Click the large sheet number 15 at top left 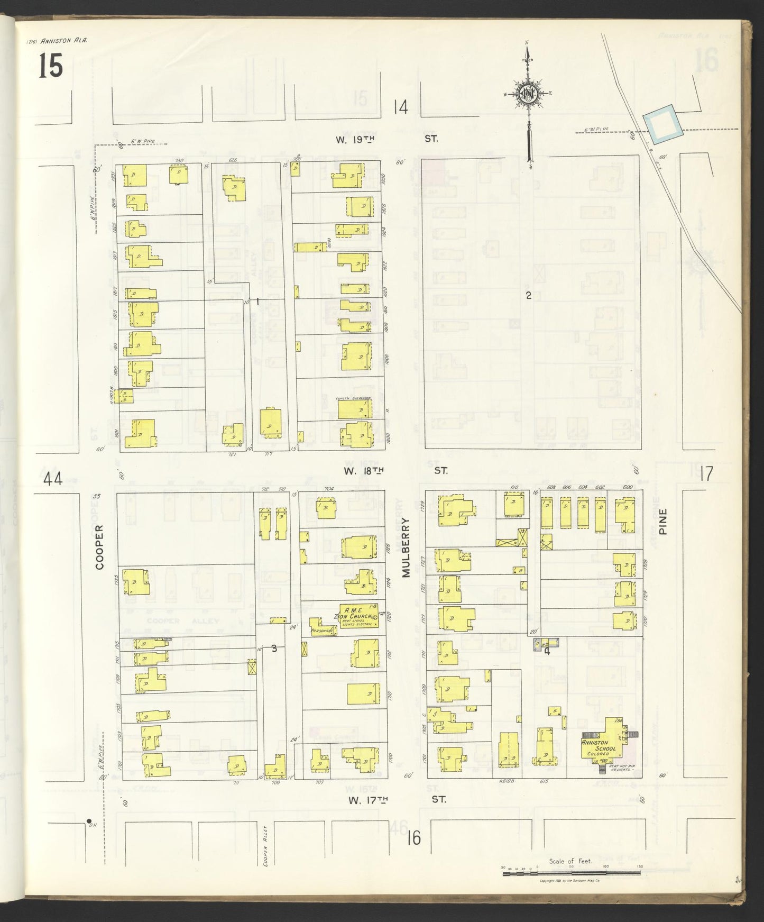(50, 67)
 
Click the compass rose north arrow (528, 94)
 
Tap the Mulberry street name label (406, 546)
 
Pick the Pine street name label (664, 522)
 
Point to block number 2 (528, 296)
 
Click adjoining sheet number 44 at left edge (53, 479)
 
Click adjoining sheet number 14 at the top (401, 108)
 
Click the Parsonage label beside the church (324, 631)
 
